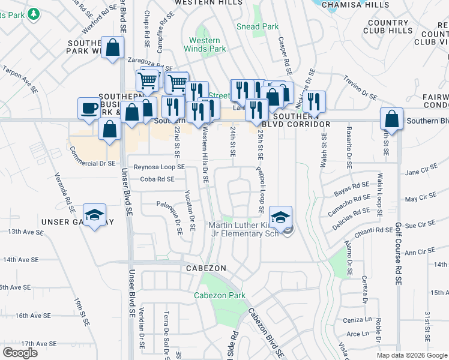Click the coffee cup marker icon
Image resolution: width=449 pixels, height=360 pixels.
point(89,109)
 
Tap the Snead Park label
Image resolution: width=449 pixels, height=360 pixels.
point(258,26)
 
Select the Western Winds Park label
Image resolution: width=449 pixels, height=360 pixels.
point(208,44)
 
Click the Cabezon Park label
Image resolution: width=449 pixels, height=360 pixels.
point(220,296)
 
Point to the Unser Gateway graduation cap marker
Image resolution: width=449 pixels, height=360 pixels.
point(94,216)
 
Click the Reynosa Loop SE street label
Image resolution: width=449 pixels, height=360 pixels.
point(159,167)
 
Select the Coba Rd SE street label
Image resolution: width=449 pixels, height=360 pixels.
point(157,179)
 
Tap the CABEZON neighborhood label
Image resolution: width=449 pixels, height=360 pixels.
point(206,268)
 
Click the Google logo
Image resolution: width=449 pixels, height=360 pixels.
point(20,353)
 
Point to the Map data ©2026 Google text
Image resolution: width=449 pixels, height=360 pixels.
point(411,355)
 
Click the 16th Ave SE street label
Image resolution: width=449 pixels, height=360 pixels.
point(31,316)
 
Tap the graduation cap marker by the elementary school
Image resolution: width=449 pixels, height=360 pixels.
point(280,216)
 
